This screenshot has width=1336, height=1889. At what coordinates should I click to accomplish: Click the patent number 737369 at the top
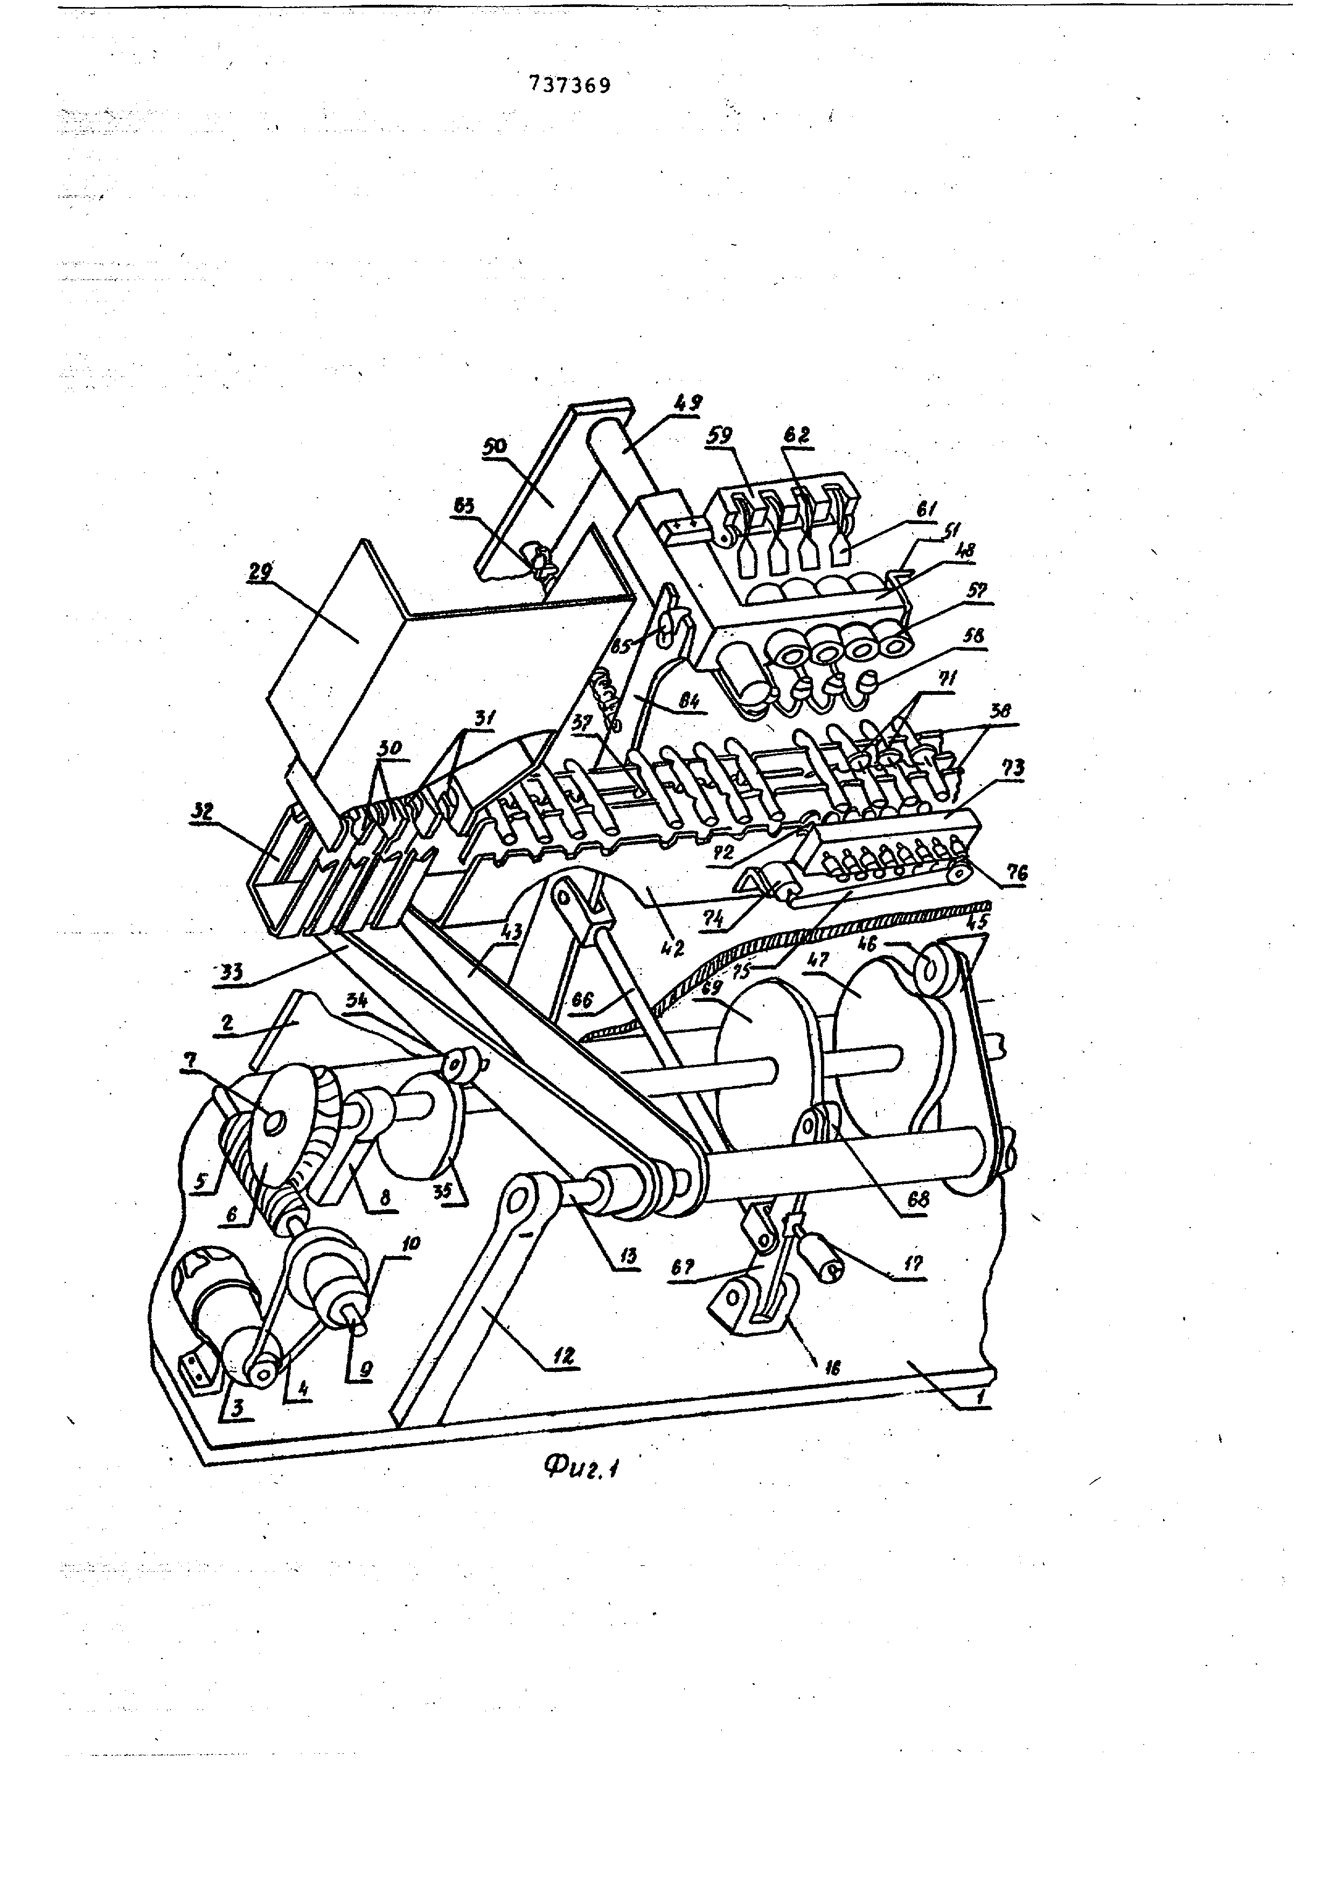pyautogui.click(x=570, y=85)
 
